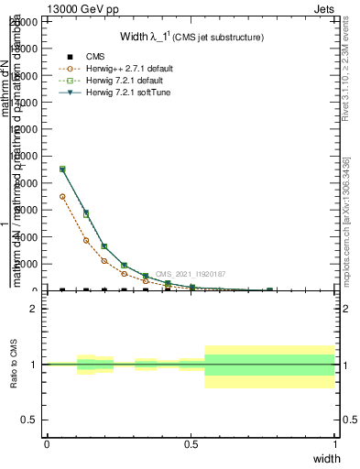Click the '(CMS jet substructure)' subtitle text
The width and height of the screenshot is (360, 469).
pos(220,38)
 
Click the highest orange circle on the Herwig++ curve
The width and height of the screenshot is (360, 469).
pos(62,196)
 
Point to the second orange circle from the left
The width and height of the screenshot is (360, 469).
pos(86,240)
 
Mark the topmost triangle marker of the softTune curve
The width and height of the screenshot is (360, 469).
pos(62,169)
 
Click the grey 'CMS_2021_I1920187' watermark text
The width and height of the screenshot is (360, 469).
pos(191,274)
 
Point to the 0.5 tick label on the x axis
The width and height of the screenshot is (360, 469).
pos(191,443)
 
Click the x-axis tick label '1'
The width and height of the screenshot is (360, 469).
pos(334,443)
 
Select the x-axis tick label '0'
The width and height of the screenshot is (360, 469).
pos(47,443)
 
